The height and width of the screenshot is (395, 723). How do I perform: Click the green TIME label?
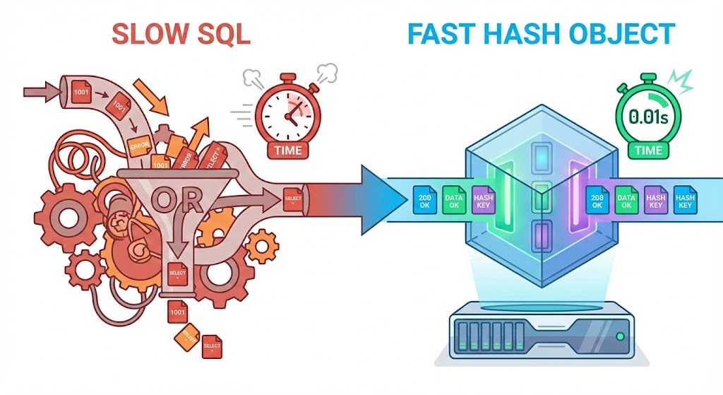tap(648, 151)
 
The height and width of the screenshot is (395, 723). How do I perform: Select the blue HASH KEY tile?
tap(684, 200)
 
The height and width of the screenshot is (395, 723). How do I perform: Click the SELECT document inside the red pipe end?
tap(292, 199)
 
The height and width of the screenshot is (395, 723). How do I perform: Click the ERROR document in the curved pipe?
tap(138, 146)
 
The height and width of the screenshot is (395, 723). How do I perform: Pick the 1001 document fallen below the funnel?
tap(177, 312)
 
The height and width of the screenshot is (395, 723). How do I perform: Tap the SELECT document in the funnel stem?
tap(178, 273)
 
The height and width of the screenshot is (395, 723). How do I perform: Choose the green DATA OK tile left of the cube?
tap(453, 201)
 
